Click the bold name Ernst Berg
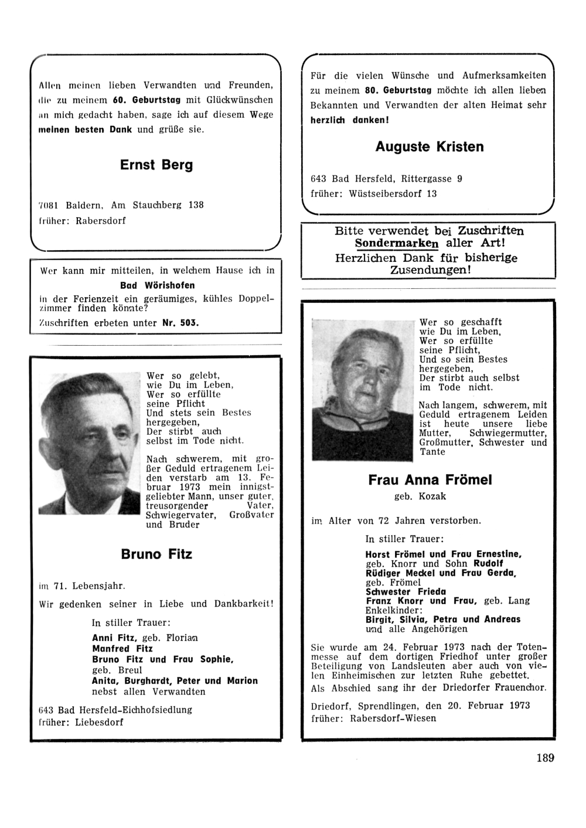(156, 165)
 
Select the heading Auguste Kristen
(430, 147)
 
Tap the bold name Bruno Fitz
(156, 554)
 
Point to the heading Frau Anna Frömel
(430, 481)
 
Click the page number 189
(544, 758)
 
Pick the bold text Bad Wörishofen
(157, 285)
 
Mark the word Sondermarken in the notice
(397, 243)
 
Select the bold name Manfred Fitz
(122, 649)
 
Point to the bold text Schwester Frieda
(406, 591)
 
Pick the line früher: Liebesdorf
(81, 722)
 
